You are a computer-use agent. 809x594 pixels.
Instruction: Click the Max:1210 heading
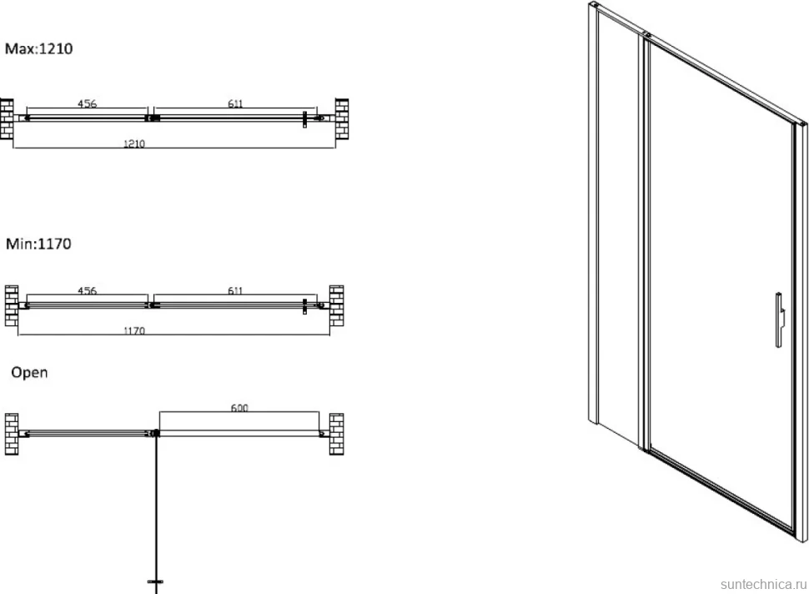[x=38, y=48]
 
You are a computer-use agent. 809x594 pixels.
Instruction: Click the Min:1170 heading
[x=38, y=244]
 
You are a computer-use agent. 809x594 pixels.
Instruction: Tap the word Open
[x=29, y=373]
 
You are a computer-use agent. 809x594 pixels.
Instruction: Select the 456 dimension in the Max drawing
[x=88, y=103]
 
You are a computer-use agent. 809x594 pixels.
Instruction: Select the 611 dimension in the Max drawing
[x=235, y=103]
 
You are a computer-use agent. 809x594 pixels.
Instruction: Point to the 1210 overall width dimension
[x=134, y=143]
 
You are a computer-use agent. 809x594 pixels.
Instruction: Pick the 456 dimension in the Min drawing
[x=88, y=290]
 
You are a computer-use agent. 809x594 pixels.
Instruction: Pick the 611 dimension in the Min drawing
[x=235, y=290]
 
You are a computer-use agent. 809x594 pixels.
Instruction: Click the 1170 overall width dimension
[x=134, y=330]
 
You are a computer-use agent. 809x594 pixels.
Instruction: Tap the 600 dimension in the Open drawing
[x=239, y=408]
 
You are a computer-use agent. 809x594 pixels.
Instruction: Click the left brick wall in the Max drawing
[x=7, y=119]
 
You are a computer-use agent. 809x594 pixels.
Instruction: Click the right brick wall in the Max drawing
[x=342, y=119]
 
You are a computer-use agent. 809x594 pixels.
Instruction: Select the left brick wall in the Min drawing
[x=12, y=306]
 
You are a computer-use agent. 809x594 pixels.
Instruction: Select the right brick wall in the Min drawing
[x=336, y=306]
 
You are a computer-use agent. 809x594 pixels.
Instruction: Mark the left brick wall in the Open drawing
[x=12, y=434]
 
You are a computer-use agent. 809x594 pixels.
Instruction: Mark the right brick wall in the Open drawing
[x=336, y=434]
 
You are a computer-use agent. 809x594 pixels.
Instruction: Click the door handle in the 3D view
[x=780, y=320]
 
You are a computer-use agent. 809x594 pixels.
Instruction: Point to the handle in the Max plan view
[x=305, y=119]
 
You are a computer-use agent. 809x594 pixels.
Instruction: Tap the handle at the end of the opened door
[x=155, y=581]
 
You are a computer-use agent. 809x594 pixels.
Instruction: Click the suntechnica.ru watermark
[x=763, y=584]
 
